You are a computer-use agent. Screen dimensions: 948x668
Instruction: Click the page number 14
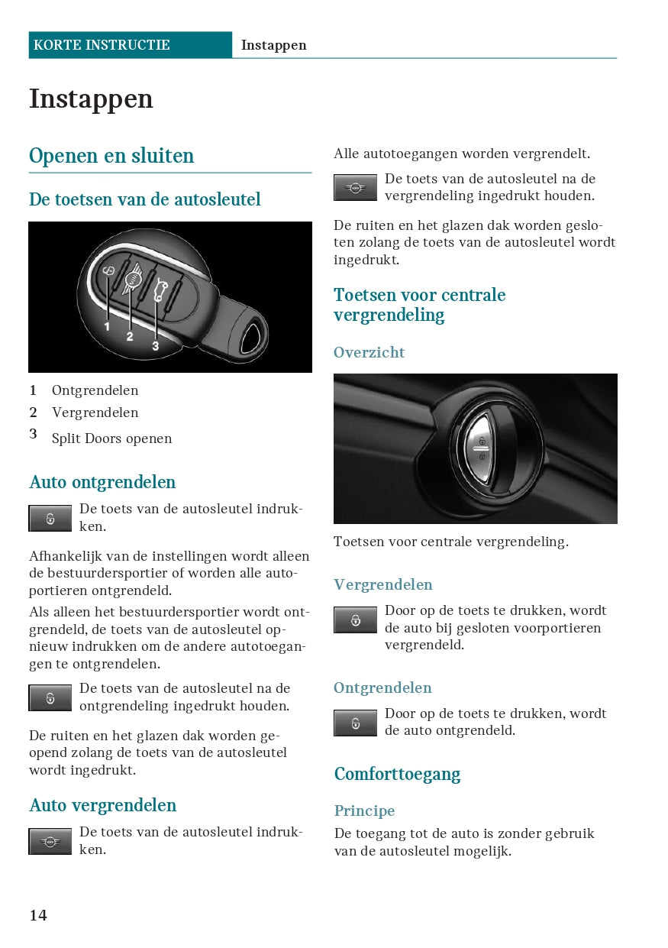38,915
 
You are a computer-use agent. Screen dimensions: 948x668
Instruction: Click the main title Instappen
91,99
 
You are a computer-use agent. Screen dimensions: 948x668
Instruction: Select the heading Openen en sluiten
111,156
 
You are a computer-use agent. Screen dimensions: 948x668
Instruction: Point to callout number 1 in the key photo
108,326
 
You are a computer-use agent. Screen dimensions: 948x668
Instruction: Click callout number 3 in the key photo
155,346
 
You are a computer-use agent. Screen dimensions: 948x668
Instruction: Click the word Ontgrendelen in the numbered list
95,390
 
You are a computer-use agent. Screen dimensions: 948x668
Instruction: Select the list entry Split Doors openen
111,438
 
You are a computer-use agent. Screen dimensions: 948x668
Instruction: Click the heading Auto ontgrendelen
102,482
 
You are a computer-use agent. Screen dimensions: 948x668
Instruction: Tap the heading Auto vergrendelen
102,805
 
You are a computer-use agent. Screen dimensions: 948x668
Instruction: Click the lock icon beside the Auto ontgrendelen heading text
50,519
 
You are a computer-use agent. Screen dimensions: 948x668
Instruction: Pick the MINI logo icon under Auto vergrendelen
50,842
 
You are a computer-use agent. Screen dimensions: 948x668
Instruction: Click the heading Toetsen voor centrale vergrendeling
419,305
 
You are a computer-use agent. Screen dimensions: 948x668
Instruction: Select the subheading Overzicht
369,352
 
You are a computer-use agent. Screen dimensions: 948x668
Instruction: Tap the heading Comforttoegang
397,774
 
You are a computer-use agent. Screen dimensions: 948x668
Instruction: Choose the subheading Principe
364,810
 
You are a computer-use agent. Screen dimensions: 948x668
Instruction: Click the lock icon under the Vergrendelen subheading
355,620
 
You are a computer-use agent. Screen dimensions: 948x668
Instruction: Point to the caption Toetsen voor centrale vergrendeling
450,542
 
